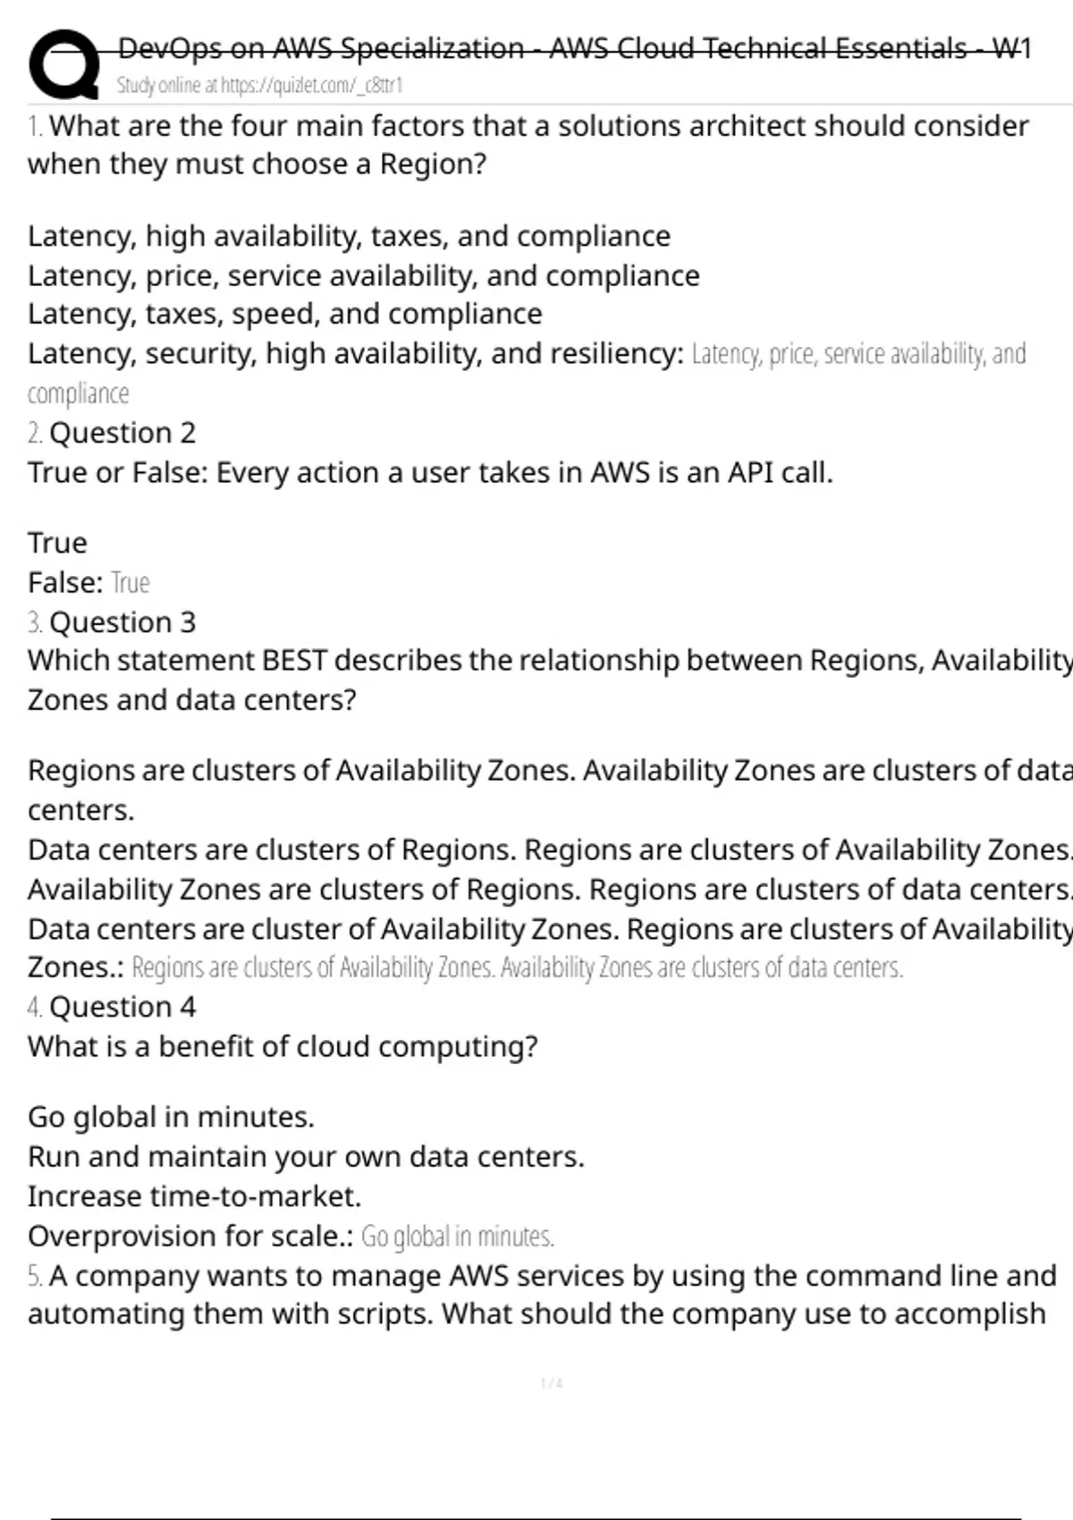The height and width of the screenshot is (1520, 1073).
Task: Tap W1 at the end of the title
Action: coord(1011,48)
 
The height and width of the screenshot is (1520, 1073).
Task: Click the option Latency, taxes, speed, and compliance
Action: coord(284,314)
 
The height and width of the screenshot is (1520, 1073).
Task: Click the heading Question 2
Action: coord(122,433)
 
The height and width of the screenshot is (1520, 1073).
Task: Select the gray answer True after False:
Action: coord(131,583)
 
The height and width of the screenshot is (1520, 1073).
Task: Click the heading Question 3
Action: coord(122,622)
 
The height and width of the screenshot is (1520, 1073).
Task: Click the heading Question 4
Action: coord(122,1007)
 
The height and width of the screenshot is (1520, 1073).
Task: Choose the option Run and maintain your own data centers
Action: coord(306,1157)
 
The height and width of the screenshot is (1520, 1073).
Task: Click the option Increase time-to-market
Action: coord(194,1196)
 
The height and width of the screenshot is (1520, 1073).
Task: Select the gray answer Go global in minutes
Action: coord(457,1237)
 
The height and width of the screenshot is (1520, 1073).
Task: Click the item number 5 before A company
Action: coord(34,1276)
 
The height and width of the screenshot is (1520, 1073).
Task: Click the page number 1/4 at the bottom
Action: coord(552,1384)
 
